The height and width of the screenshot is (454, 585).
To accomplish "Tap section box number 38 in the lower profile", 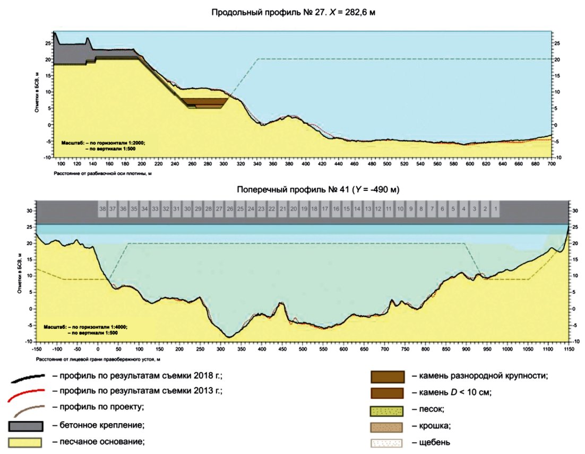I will click(x=102, y=209).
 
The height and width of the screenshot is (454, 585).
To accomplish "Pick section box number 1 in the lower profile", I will click(x=495, y=209).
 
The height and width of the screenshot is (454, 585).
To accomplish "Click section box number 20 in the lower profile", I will click(x=293, y=209).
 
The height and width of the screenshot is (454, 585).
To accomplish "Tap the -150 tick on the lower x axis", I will click(x=37, y=351).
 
